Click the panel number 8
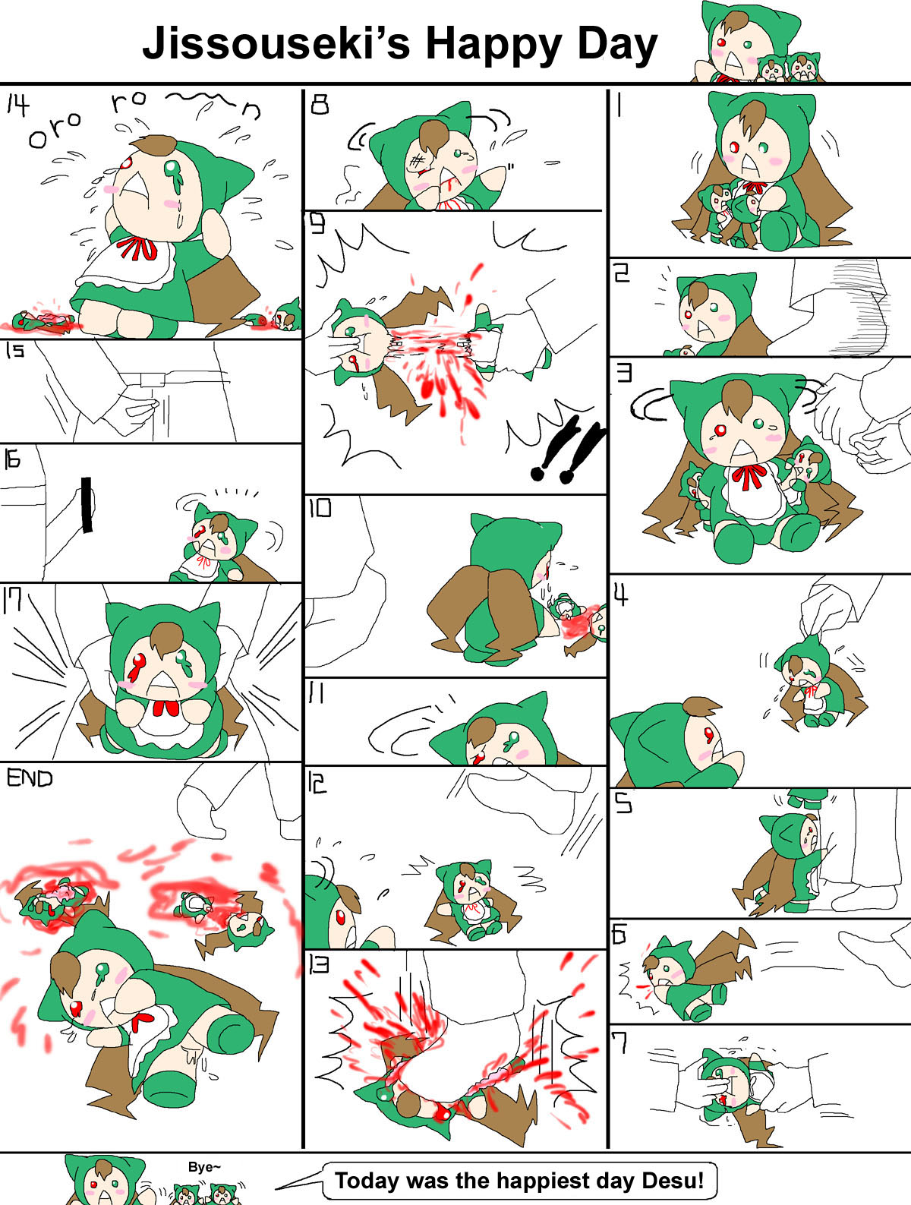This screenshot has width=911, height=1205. click(x=320, y=104)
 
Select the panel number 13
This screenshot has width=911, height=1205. click(x=319, y=964)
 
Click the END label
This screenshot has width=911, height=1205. click(x=30, y=778)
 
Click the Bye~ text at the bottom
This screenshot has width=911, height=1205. click(x=204, y=1166)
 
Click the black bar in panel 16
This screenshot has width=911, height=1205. click(x=87, y=504)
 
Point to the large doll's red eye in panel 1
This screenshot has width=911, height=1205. click(x=735, y=147)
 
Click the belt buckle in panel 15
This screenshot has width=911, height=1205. click(x=153, y=380)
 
